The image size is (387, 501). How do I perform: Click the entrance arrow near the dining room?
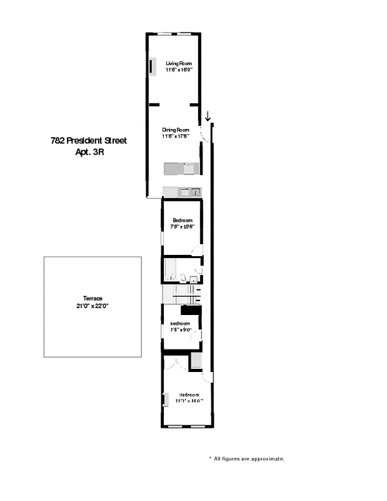208,116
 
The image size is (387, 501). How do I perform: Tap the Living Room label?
179,63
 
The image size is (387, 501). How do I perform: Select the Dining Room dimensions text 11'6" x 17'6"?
176,136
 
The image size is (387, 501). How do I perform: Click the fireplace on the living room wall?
152,66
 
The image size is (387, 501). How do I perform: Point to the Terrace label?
93,299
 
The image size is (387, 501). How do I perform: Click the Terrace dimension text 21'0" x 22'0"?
93,306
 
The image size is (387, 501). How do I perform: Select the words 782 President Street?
88,141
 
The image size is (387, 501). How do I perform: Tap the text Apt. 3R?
88,152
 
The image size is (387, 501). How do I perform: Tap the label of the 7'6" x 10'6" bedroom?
182,220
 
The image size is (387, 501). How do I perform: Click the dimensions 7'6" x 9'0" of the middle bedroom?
182,330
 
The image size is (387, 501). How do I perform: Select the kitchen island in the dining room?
181,168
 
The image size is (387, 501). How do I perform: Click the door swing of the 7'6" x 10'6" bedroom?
198,250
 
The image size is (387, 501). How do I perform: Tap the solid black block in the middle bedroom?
191,310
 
